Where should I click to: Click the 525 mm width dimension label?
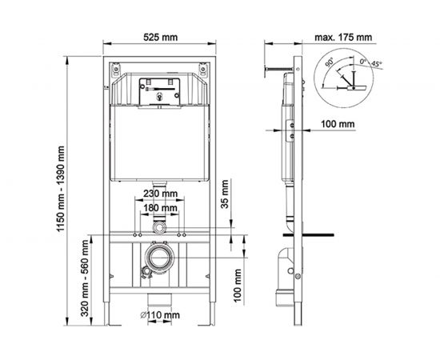[x=160, y=37]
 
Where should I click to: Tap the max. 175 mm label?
[x=343, y=37]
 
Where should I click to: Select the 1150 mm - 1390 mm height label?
[x=61, y=188]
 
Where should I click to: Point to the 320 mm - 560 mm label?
[x=85, y=278]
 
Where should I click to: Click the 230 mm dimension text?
[x=160, y=194]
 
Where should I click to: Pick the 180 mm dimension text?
[x=160, y=208]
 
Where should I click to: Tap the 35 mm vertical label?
[x=225, y=194]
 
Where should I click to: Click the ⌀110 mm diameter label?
[x=160, y=315]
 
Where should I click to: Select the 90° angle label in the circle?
[x=330, y=62]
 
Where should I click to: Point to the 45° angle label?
[x=377, y=64]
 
